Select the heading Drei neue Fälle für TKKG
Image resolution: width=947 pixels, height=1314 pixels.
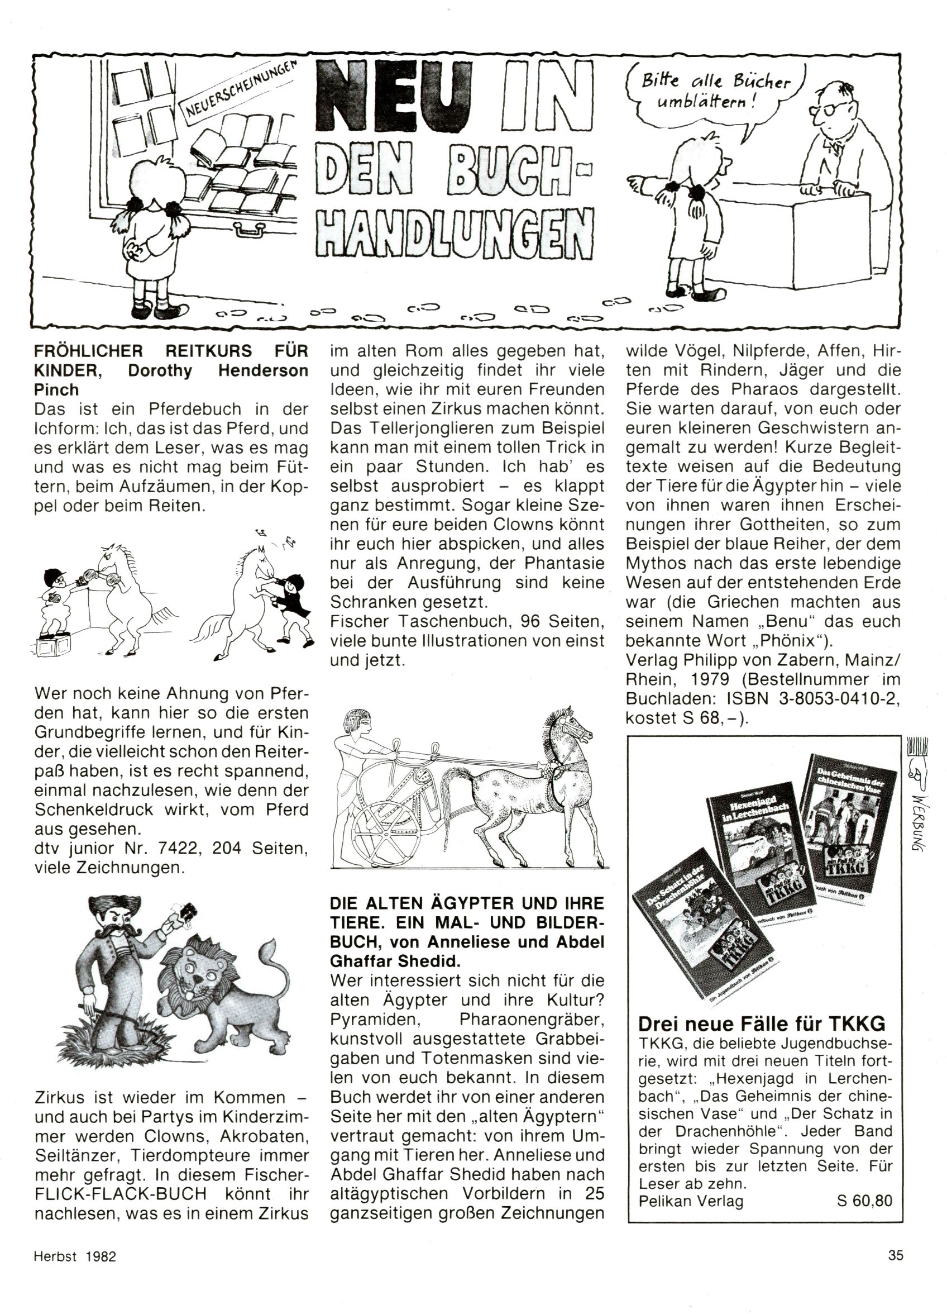coord(762,1023)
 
